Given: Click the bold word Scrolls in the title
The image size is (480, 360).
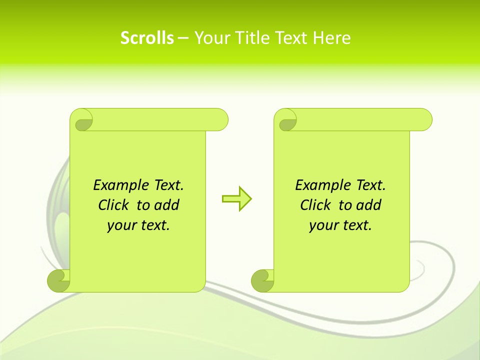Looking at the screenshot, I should pos(147,38).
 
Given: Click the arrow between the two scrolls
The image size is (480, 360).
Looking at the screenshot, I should pos(236,199).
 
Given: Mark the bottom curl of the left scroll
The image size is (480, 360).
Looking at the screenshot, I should pos(58,280).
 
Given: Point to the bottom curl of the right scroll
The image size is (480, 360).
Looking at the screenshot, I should pos(262,280).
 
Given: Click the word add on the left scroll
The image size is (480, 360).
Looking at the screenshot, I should pos(166,205).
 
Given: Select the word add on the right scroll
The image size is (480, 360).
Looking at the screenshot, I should pos(368,205).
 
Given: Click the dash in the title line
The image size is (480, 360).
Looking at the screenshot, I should pos(183,38).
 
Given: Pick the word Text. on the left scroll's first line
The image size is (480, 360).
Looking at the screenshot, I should pos(168,185).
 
